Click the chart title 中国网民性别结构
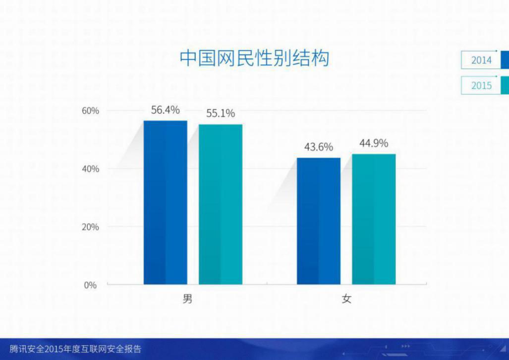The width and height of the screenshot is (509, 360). click(255, 58)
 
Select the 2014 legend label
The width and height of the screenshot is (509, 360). click(481, 60)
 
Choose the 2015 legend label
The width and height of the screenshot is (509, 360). click(481, 85)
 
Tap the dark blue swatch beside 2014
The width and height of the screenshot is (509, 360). click(505, 60)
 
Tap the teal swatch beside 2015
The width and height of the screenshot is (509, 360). click(505, 85)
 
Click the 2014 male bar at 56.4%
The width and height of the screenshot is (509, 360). click(166, 202)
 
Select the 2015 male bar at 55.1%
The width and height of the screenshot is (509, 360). click(221, 204)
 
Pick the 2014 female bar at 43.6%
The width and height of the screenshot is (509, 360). click(319, 221)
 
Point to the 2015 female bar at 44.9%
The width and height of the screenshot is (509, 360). click(374, 219)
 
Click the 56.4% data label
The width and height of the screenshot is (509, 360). click(166, 110)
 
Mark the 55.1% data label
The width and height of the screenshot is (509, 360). click(221, 114)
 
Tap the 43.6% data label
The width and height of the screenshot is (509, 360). click(319, 147)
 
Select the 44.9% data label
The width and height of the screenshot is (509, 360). click(374, 143)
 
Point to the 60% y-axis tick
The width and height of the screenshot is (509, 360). click(90, 111)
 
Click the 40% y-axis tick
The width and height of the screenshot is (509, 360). click(90, 169)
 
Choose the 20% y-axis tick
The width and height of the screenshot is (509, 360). click(90, 227)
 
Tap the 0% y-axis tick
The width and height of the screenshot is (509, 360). click(91, 285)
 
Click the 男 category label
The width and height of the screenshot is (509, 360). click(188, 299)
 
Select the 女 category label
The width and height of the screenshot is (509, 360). click(346, 299)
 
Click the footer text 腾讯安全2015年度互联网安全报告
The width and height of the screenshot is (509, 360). click(76, 349)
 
